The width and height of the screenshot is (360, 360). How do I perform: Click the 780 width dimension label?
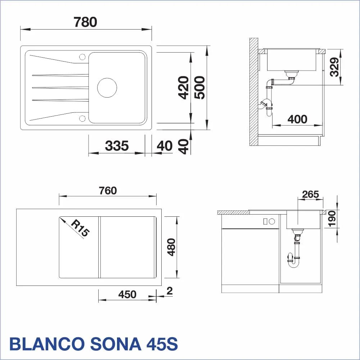coord(85,22)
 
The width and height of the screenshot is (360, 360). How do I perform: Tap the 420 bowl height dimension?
coord(184,87)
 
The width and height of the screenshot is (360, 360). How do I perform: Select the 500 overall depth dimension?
coord(199,87)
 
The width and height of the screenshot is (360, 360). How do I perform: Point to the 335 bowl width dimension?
coord(117,146)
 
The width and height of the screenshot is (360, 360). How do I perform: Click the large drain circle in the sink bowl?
coord(107,87)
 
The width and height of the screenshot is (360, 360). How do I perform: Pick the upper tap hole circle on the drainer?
coord(82,57)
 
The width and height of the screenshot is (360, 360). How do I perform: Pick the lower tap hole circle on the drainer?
coord(82,118)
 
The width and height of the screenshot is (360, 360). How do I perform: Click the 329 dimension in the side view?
coord(334,67)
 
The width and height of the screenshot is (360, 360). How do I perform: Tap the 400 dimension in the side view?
coord(297,120)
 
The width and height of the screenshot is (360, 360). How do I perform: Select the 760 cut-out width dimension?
coord(108,190)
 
